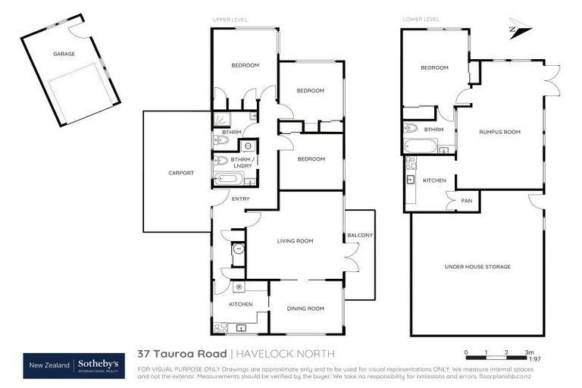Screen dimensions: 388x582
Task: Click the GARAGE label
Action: [x=64, y=54]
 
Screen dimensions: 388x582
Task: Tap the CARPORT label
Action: [x=181, y=173]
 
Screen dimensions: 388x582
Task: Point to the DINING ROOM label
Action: [x=306, y=308]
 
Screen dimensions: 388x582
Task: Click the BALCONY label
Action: [x=360, y=236]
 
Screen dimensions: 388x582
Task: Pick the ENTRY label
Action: [x=240, y=199]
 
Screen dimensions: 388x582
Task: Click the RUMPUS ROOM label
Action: [x=499, y=132]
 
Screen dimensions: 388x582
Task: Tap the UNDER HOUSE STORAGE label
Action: [x=477, y=267]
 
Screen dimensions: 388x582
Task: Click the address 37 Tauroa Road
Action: [x=181, y=354]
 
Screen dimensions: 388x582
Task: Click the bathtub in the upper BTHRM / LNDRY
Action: [x=228, y=180]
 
